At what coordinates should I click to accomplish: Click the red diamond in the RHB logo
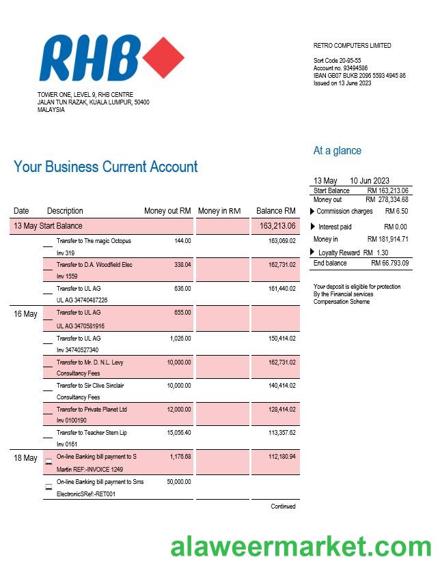(x=162, y=59)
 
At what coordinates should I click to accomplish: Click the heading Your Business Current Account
(x=105, y=167)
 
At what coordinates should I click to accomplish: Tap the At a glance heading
(x=337, y=151)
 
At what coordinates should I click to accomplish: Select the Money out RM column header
(x=167, y=211)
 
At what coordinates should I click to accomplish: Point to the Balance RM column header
(x=275, y=211)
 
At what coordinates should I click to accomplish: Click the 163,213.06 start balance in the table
(x=277, y=226)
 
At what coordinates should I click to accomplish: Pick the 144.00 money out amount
(x=182, y=241)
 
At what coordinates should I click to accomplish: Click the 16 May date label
(x=25, y=314)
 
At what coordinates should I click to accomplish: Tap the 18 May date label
(x=25, y=458)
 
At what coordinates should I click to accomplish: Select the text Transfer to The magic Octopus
(x=94, y=241)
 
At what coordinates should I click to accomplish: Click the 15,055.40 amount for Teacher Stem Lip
(x=178, y=433)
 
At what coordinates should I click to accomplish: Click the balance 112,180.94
(x=281, y=457)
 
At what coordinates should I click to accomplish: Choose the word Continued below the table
(x=283, y=507)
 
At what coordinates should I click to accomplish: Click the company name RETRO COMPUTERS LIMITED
(x=352, y=46)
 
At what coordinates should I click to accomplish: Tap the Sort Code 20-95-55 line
(x=337, y=61)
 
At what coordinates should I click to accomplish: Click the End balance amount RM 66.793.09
(x=389, y=263)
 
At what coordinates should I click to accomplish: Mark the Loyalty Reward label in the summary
(x=339, y=253)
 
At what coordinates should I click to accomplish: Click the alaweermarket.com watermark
(x=301, y=547)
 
